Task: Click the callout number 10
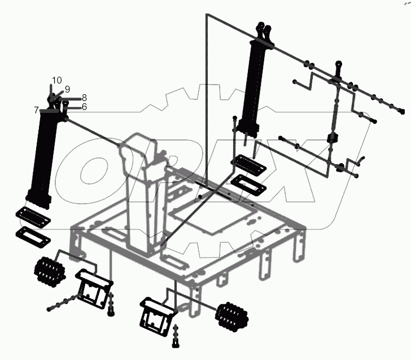click(57, 80)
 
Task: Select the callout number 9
click(67, 89)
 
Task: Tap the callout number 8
click(84, 98)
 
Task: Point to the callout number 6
click(84, 107)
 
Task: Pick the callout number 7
click(36, 109)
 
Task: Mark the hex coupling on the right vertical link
click(332, 139)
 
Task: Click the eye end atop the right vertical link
click(338, 66)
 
